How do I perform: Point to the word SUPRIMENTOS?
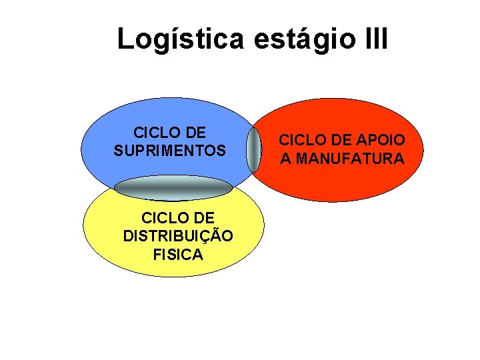click(169, 151)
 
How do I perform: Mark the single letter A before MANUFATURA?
click(285, 159)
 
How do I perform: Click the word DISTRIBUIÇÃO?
click(178, 236)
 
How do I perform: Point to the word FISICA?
click(178, 254)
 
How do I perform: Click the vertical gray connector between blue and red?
click(255, 150)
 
